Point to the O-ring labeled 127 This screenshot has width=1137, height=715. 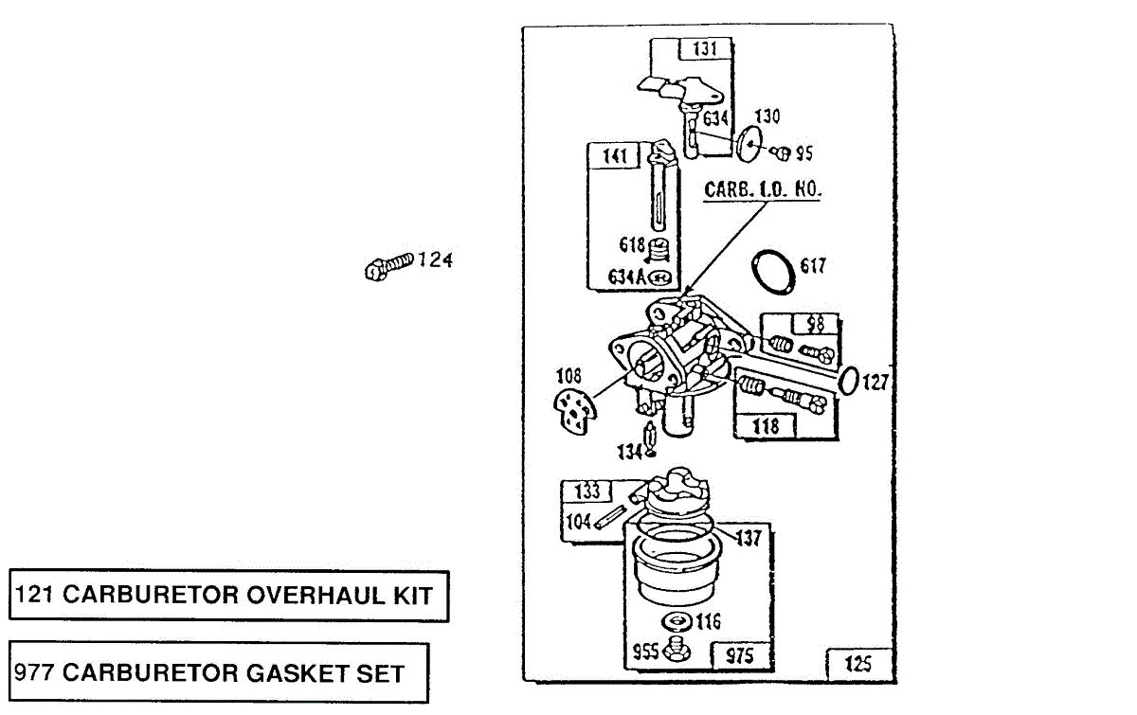click(850, 382)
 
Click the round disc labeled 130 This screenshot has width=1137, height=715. click(749, 145)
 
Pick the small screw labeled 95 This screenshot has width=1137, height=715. click(783, 152)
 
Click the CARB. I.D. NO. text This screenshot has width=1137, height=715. click(762, 189)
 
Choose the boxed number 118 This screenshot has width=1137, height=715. click(765, 426)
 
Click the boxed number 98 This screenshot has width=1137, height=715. click(815, 324)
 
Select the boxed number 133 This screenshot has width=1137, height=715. click(587, 492)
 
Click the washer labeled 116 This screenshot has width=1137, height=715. click(676, 622)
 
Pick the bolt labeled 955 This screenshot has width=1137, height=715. click(677, 650)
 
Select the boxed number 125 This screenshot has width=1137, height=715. click(857, 664)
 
